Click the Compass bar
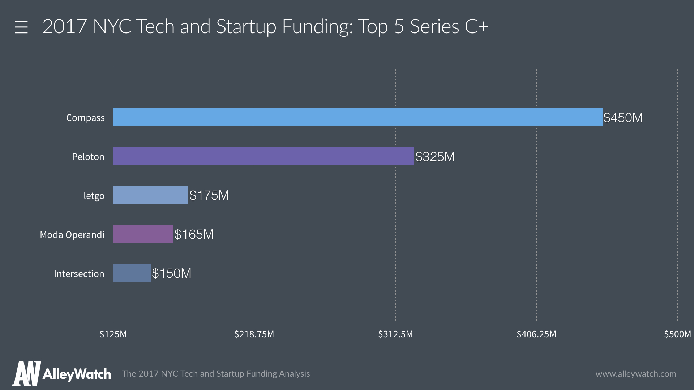click(x=358, y=117)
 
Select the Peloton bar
click(x=264, y=156)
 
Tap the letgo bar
click(x=151, y=195)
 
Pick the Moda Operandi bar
click(x=143, y=234)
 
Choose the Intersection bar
click(x=132, y=273)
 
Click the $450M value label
click(x=623, y=118)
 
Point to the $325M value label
click(x=435, y=157)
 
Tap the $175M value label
click(x=209, y=195)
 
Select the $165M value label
click(x=194, y=234)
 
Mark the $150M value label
click(x=172, y=273)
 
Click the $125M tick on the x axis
click(x=113, y=334)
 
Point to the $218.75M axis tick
click(x=254, y=334)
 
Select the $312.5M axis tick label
click(x=395, y=334)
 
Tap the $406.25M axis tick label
click(x=536, y=334)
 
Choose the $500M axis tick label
click(x=677, y=334)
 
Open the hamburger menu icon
click(x=21, y=27)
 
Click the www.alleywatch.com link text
click(x=636, y=374)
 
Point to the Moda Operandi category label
click(x=72, y=235)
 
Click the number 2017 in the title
click(x=65, y=26)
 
